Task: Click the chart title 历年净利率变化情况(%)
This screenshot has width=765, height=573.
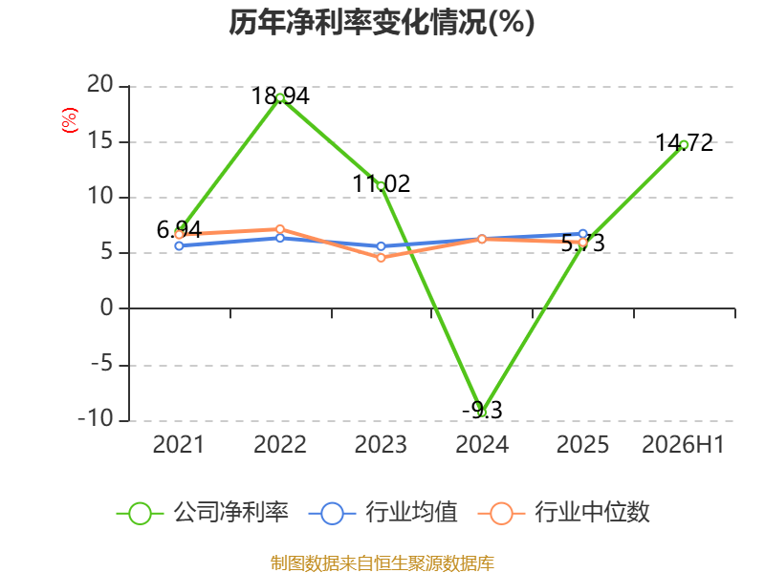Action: [x=382, y=22]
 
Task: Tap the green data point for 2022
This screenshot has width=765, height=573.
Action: [x=280, y=98]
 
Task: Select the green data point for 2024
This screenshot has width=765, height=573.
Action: [x=482, y=413]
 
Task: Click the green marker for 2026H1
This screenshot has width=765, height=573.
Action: [x=684, y=145]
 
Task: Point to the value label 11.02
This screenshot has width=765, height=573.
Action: [x=381, y=183]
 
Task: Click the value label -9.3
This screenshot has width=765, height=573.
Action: [x=482, y=410]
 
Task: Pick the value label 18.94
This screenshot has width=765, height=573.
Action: [x=280, y=95]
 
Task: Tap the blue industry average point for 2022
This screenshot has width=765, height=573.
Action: [x=280, y=238]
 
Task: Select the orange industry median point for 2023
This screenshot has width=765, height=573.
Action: [x=381, y=257]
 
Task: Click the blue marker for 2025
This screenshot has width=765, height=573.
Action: [x=583, y=234]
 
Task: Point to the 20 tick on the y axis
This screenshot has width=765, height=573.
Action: [x=100, y=85]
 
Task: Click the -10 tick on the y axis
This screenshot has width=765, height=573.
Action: [x=96, y=418]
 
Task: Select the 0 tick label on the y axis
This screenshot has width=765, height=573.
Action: [x=107, y=308]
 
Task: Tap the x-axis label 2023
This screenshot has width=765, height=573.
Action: [x=381, y=444]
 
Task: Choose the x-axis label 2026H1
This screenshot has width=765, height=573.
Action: [x=683, y=444]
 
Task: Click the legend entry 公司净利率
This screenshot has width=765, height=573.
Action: [x=203, y=513]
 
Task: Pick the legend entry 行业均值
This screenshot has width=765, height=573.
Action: [x=383, y=513]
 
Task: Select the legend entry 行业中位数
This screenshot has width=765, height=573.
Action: [x=564, y=513]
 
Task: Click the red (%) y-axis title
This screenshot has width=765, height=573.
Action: [x=69, y=120]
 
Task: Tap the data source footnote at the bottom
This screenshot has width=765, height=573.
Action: [x=382, y=563]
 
